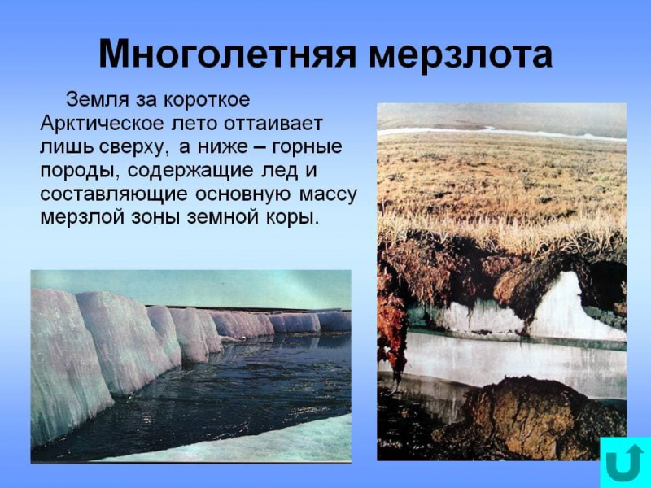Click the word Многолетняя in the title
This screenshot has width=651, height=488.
click(x=227, y=54)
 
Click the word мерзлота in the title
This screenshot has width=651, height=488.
click(x=460, y=54)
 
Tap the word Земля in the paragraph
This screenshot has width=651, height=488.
click(x=95, y=100)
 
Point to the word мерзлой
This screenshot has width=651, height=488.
click(x=79, y=219)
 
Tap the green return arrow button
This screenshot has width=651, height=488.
click(x=624, y=462)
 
